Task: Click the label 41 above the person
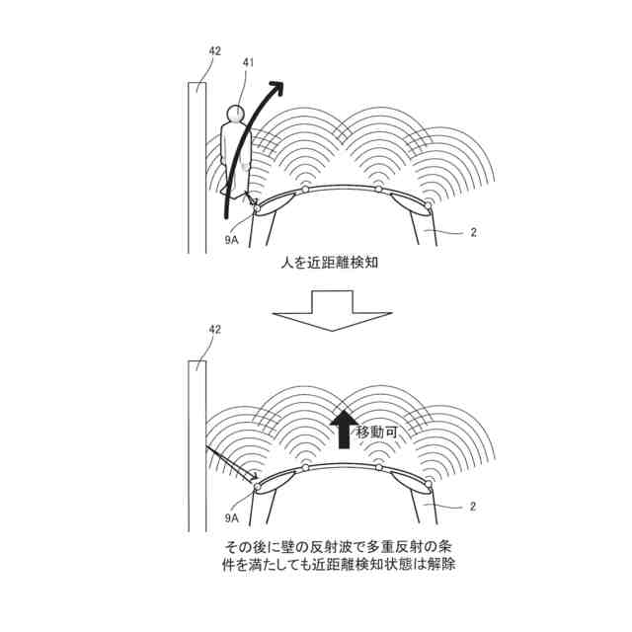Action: [x=249, y=62]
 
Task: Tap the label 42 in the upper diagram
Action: [x=215, y=49]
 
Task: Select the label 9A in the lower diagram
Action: [x=231, y=517]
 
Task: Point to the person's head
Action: [x=235, y=113]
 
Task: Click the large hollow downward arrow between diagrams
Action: [x=316, y=310]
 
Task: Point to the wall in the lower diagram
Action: [x=197, y=444]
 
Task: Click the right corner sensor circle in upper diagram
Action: [x=428, y=206]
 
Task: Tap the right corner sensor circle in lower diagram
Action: [x=428, y=484]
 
